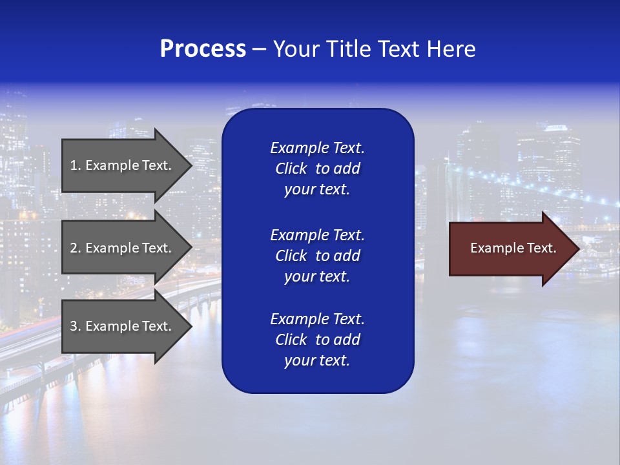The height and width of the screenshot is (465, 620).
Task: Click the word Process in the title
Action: pos(203,49)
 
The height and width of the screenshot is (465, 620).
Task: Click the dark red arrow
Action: pos(510,249)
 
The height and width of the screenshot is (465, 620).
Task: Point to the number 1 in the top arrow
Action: pos(74,165)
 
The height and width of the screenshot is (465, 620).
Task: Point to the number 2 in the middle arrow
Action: pos(74,248)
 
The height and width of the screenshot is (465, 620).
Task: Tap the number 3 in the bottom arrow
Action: pos(74,326)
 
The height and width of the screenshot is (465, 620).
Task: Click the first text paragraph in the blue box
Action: pos(317,169)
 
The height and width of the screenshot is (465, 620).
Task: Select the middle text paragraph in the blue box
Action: pos(317,256)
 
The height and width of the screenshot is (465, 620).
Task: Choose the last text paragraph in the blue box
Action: pos(317,340)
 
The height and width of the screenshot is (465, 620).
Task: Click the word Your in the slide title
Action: pos(296,49)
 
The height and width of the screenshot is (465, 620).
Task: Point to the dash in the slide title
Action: pos(259,49)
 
